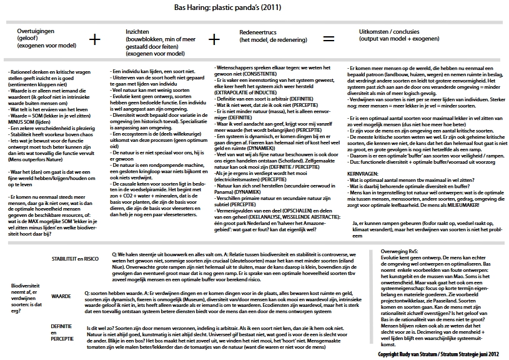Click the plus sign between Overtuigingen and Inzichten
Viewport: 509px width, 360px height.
(x=94, y=39)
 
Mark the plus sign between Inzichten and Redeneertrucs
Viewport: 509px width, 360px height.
(x=214, y=39)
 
